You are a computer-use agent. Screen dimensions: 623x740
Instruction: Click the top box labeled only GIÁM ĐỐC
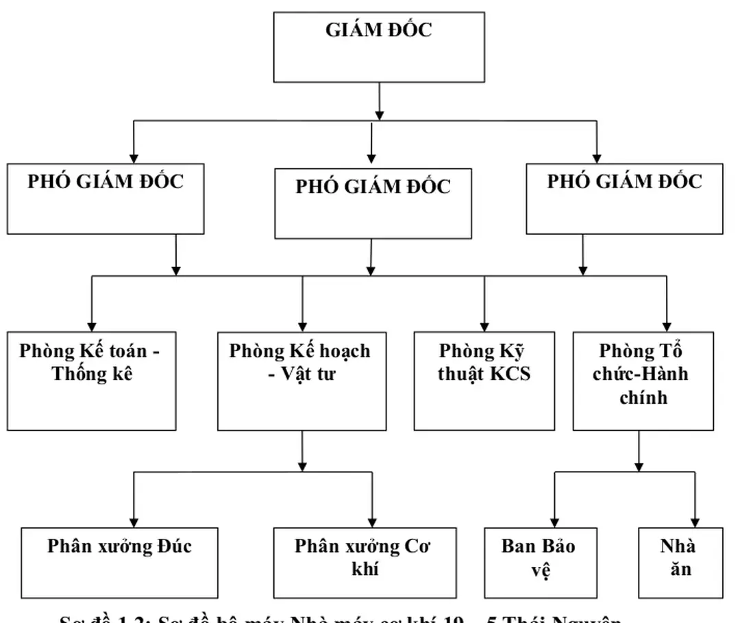(379, 47)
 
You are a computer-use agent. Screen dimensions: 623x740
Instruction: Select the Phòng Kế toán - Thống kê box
(92, 381)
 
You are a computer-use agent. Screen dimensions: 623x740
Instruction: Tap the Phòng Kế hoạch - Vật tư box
(301, 381)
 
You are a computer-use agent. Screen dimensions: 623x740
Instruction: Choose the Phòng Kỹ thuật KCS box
(484, 381)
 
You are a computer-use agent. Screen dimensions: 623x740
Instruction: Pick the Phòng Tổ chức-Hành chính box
(643, 381)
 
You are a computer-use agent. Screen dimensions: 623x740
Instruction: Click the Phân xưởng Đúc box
(119, 562)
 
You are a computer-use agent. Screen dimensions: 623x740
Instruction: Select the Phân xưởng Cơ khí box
(365, 562)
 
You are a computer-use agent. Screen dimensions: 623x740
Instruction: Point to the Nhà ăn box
(680, 562)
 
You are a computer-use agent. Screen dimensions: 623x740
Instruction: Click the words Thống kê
(92, 374)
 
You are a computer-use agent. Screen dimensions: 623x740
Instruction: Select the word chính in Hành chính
(643, 397)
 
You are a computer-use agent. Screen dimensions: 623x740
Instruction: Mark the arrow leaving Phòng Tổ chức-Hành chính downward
(639, 452)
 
